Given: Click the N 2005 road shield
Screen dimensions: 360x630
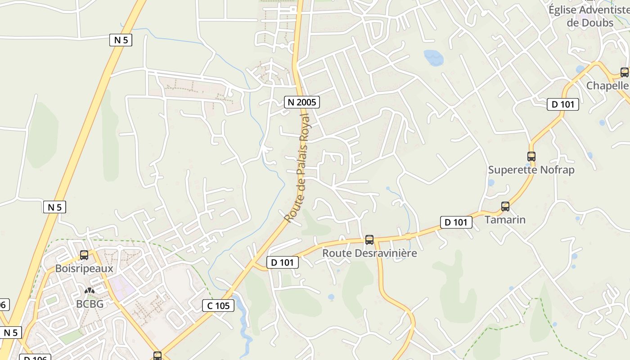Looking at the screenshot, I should pos(301,102).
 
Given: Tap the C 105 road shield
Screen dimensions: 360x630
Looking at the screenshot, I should pos(218,306).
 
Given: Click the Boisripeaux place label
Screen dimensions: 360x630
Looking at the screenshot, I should pos(84,269).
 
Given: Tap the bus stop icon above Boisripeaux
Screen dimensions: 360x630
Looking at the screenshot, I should pos(84,255).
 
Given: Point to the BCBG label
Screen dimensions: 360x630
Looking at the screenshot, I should pos(90,304).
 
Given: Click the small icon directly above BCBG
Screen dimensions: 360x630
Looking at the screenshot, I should pos(90,291).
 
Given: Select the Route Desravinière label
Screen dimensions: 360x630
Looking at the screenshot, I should pos(369,253).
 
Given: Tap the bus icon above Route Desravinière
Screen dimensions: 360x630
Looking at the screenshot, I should pos(369,240).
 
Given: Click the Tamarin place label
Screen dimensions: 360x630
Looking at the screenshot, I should pos(505,220).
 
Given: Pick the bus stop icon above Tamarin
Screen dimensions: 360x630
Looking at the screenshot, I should pos(505,207).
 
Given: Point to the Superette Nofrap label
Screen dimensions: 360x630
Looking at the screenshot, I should pos(531,170).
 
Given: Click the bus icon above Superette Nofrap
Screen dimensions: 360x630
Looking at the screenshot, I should pos(531,157).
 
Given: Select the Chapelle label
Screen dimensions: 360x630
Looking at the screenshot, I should pos(607,85).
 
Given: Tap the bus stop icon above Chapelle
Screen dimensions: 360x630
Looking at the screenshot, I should pos(625,72).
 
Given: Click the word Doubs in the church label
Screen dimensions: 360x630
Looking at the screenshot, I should pos(597,22).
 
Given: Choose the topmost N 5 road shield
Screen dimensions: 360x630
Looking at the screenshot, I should pos(121,40).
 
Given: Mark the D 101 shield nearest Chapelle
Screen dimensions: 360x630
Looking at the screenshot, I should pos(563,104).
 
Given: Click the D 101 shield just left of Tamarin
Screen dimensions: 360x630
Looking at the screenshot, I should pos(456,222).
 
